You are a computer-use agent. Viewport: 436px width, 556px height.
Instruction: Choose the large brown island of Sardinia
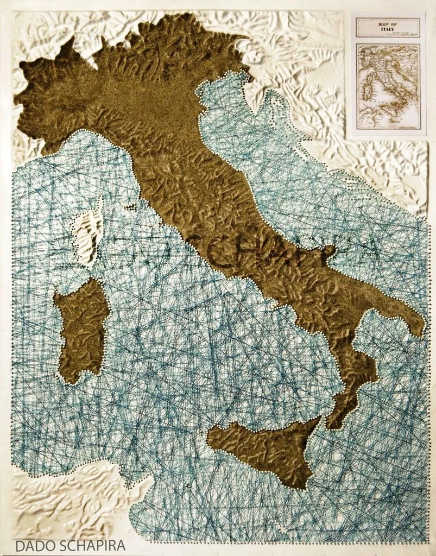pos(81,328)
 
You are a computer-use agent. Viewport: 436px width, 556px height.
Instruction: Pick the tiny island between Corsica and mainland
pos(130,207)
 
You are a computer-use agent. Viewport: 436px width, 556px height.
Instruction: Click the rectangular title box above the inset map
pos(388,27)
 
